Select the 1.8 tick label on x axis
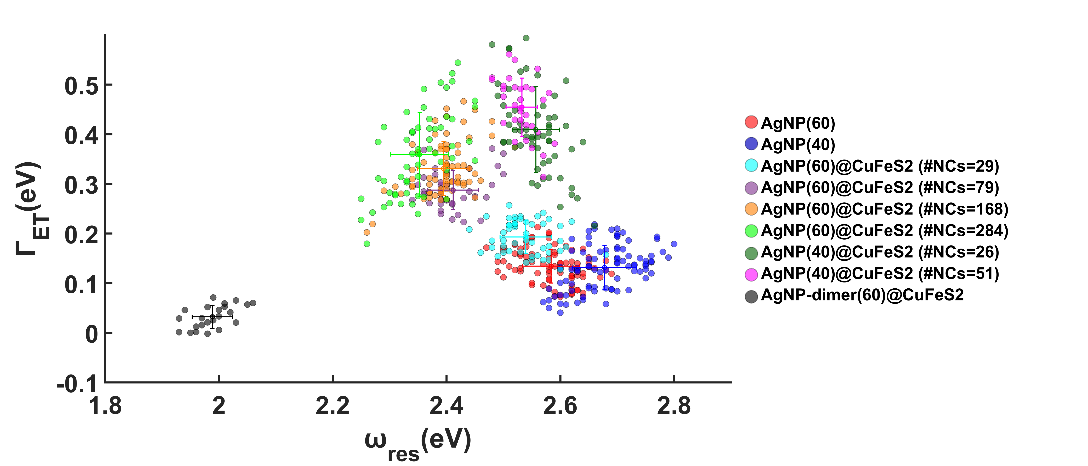(x=105, y=406)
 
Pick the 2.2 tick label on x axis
(x=333, y=406)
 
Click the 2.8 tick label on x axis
(x=674, y=406)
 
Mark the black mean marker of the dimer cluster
(x=212, y=317)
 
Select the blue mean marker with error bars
(x=604, y=268)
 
